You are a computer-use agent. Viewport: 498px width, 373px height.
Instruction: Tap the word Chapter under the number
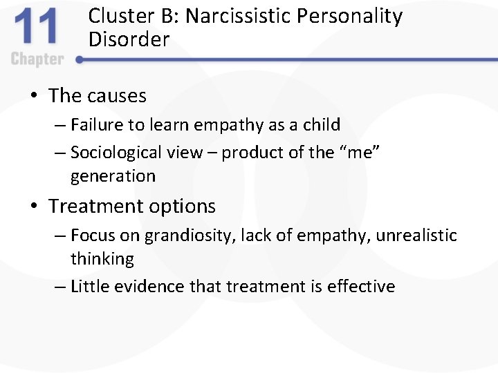[x=37, y=59]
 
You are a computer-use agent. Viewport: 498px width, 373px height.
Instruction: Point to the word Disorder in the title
[x=129, y=40]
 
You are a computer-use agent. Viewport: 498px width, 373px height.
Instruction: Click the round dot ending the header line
[x=80, y=60]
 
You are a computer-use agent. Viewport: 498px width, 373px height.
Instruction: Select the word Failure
[x=98, y=125]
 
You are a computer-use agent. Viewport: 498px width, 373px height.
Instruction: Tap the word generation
[x=113, y=176]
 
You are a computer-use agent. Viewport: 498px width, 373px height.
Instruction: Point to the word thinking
[x=102, y=259]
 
